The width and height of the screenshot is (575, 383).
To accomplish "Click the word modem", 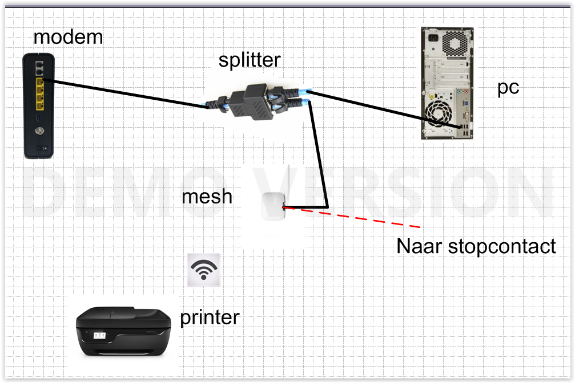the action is tap(68, 38).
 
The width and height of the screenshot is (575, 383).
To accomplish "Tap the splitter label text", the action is tap(250, 60).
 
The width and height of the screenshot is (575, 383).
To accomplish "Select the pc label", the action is tap(508, 88).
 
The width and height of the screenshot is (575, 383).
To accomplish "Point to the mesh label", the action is tap(207, 197).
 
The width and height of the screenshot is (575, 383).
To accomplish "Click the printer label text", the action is tap(210, 318).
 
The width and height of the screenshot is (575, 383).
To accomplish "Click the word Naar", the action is tap(419, 246).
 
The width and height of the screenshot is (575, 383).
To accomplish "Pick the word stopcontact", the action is tap(502, 246).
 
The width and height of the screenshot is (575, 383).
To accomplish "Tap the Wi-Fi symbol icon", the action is tap(203, 270).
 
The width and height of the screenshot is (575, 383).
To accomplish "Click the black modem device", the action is tap(38, 106).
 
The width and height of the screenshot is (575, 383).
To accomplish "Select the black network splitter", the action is tap(257, 103).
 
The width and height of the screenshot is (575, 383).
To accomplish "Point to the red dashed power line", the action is tap(352, 218).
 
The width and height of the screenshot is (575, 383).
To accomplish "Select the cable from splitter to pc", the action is tap(384, 109).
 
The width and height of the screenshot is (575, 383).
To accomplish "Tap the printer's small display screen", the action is tap(100, 336).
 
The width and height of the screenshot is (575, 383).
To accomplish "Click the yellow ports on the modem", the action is tap(39, 94).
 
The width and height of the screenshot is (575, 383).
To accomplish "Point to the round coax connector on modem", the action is tap(39, 131).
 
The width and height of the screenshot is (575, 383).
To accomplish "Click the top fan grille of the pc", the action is tap(455, 43).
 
